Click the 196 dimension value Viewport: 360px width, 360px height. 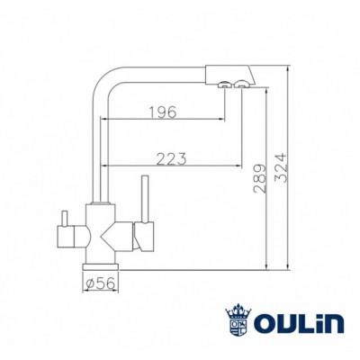pos(162,112)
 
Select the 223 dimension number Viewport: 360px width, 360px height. pos(171,158)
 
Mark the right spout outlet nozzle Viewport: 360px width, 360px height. pos(240,85)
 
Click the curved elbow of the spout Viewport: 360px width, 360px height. pos(103,74)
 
